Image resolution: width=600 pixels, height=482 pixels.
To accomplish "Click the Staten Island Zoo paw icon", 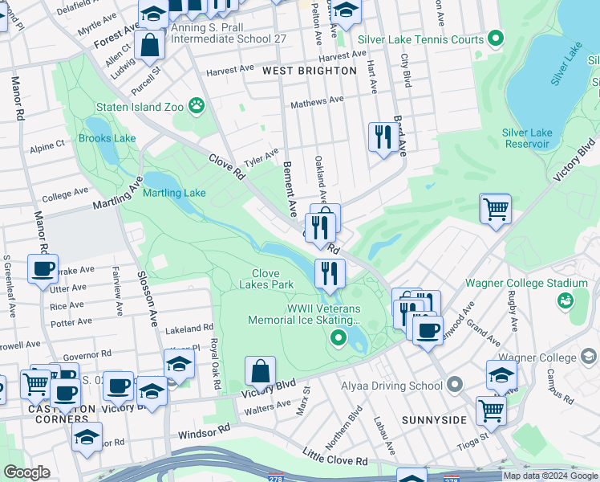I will click(x=196, y=106).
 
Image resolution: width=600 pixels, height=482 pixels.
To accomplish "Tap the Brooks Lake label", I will click(x=107, y=138).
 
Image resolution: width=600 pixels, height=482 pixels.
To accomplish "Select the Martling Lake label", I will click(x=174, y=193).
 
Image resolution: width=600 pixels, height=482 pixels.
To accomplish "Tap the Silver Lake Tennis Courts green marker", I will click(x=496, y=39).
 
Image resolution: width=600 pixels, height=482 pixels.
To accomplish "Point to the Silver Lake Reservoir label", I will click(x=526, y=138).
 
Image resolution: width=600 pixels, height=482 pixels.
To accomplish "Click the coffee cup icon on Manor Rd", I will click(x=42, y=268).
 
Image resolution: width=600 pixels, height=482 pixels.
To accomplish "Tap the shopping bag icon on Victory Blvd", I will click(x=260, y=371).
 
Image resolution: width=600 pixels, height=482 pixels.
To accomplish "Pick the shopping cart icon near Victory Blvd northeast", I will click(x=496, y=208).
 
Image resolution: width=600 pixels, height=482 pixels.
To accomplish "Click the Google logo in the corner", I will click(x=26, y=472).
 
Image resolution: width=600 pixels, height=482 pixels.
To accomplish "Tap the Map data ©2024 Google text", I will click(x=550, y=476).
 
